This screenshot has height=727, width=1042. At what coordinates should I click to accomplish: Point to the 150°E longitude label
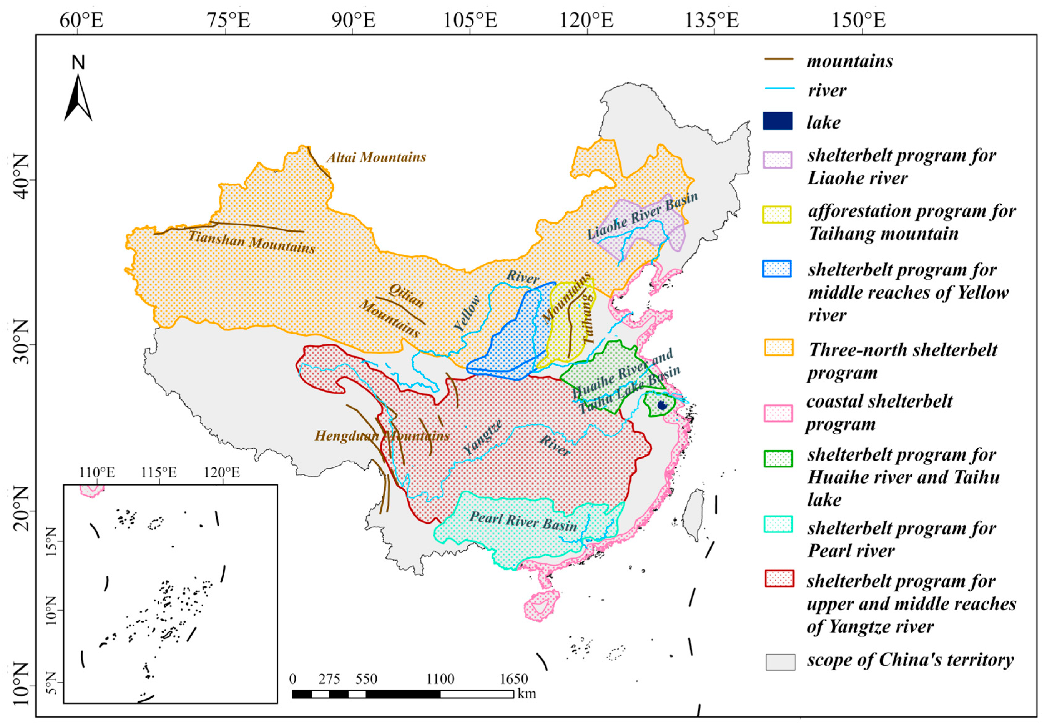(x=858, y=20)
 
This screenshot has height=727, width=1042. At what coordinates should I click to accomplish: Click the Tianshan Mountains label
(x=251, y=242)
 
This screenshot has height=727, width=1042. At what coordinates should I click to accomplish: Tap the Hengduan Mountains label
(x=382, y=436)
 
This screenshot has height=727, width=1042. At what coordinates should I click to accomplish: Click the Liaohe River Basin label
(x=642, y=216)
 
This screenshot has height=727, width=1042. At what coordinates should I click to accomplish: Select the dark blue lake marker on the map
(x=662, y=405)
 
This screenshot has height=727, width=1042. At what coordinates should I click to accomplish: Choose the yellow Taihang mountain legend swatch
(x=777, y=214)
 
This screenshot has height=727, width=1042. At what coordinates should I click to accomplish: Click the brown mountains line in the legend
(x=779, y=59)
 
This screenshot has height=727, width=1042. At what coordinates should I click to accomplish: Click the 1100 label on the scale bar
(x=440, y=679)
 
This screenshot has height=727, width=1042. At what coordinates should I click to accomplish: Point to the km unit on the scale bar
(x=526, y=693)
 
